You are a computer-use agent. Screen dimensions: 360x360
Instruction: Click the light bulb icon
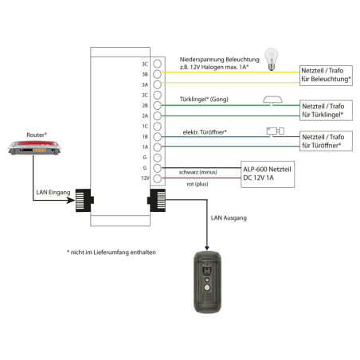271,59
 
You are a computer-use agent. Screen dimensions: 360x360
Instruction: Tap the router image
34,148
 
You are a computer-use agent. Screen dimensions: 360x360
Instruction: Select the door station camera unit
207,282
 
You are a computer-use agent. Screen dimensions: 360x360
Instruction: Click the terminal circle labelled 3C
158,64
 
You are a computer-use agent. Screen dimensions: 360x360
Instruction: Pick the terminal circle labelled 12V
158,178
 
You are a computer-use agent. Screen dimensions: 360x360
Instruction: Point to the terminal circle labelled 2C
158,95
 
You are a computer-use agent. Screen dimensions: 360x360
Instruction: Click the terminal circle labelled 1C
158,126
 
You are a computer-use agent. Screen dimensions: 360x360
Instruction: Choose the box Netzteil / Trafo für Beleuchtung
326,76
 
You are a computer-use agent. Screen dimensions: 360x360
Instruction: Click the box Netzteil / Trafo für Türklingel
326,110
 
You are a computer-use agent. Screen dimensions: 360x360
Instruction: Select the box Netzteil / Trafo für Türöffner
326,141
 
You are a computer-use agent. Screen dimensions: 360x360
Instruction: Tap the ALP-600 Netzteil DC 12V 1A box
268,174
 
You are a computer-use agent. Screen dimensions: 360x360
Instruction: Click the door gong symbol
272,100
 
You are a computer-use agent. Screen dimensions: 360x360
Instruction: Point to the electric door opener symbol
276,131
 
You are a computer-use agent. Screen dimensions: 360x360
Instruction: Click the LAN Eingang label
53,192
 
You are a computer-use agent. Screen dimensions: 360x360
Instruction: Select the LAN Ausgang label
229,218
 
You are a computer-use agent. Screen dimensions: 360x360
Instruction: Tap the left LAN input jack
84,200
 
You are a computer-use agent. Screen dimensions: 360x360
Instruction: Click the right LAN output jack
156,200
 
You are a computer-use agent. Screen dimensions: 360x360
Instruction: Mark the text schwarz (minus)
198,172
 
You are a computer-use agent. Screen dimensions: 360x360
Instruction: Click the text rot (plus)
198,184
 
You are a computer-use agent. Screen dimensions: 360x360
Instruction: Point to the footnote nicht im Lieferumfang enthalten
112,252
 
